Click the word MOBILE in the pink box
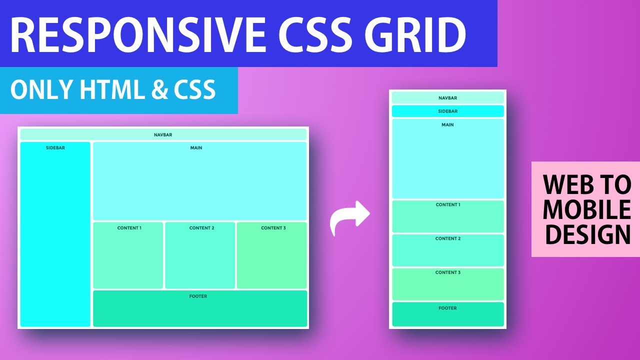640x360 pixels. click(586, 210)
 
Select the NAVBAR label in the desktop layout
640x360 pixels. click(163, 135)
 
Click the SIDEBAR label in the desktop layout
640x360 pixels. click(55, 148)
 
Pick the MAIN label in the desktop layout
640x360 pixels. click(196, 148)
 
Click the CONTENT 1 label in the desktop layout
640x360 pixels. click(129, 228)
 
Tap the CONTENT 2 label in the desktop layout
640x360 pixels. click(201, 228)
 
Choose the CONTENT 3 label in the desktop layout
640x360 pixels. click(273, 228)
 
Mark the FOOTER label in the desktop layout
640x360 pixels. click(198, 296)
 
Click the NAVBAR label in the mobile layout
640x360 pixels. click(447, 98)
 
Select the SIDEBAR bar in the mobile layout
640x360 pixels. click(447, 111)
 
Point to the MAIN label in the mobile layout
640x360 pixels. click(447, 124)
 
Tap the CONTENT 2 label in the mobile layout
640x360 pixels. click(447, 238)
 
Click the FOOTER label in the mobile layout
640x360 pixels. click(447, 308)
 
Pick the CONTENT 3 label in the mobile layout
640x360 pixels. click(447, 272)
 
